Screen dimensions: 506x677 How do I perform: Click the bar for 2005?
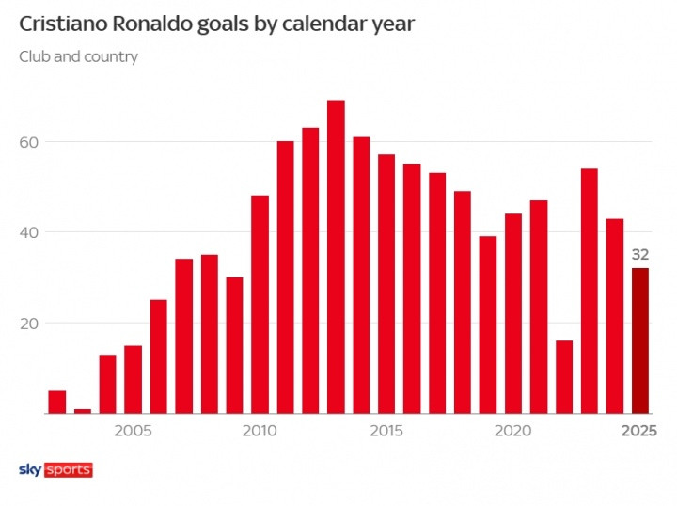[x=134, y=379]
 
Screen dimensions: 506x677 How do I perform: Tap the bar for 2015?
[x=386, y=283]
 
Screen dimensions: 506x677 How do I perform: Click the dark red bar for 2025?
[x=640, y=340]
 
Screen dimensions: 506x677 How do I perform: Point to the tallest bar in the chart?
[x=336, y=256]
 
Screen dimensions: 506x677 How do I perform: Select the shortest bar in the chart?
[x=83, y=411]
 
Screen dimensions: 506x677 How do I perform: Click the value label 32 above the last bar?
[x=640, y=255]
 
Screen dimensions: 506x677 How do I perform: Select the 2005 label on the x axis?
[x=134, y=431]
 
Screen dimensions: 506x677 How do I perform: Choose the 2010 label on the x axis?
[x=260, y=431]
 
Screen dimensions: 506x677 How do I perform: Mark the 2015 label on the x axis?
[x=386, y=431]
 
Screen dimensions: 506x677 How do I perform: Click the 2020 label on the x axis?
[x=513, y=431]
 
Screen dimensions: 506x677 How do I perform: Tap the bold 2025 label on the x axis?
[x=639, y=431]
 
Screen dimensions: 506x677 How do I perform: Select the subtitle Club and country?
[x=78, y=56]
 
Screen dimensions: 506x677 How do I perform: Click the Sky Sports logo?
[x=55, y=469]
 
